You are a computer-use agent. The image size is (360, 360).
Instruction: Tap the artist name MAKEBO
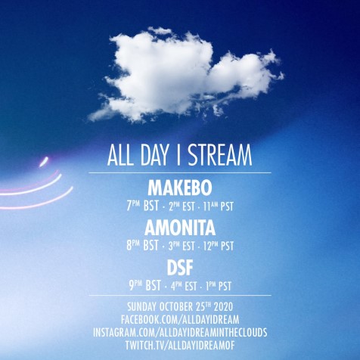pos(180,188)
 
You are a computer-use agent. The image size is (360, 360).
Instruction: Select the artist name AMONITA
pos(180,228)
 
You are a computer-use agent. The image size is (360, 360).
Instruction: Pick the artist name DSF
pos(180,268)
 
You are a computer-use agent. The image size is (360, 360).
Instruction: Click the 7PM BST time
pos(143,206)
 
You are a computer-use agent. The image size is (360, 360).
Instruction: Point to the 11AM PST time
pos(218,206)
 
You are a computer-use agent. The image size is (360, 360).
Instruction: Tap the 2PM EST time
pos(182,206)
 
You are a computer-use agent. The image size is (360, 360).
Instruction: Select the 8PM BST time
pos(143,246)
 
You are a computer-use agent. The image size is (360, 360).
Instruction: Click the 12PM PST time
pos(218,246)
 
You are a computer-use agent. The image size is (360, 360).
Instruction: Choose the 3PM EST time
pos(182,246)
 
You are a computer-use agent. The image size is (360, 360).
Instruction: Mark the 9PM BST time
pos(144,286)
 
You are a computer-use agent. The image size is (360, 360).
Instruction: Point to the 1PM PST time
pos(219,286)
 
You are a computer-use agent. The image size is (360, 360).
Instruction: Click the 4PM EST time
pos(184,286)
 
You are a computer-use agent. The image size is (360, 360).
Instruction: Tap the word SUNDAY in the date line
pos(141,307)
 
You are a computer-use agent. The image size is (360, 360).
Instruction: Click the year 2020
pos(223,307)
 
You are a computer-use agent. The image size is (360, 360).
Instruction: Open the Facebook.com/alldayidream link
pos(180,320)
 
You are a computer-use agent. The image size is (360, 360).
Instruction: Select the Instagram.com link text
pos(180,332)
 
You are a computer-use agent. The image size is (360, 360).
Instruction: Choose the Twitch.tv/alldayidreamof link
pos(180,345)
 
